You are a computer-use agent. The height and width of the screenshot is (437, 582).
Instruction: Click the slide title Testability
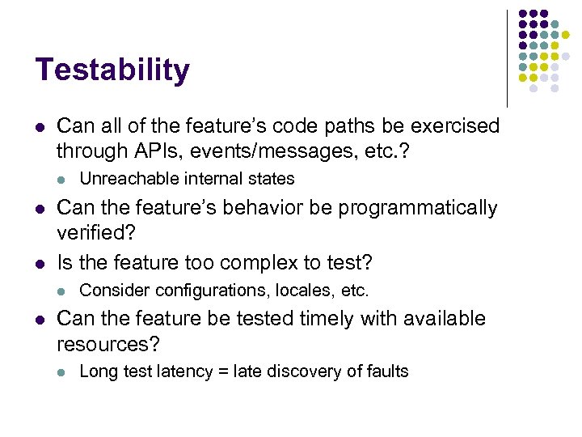[112, 70]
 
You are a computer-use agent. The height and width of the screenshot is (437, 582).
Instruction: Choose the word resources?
[108, 344]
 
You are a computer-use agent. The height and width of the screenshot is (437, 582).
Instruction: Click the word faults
[386, 371]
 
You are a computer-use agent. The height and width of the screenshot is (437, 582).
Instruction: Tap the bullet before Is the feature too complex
[40, 263]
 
